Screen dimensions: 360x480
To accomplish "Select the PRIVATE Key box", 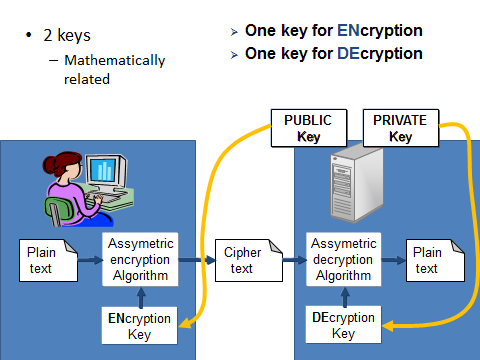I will pyautogui.click(x=400, y=129).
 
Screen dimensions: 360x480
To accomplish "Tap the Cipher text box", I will pyautogui.click(x=242, y=260).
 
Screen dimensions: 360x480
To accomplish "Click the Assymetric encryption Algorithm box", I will pyautogui.click(x=140, y=260).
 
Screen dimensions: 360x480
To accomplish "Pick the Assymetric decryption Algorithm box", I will pyautogui.click(x=343, y=260).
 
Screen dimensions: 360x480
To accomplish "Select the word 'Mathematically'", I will pyautogui.click(x=114, y=60).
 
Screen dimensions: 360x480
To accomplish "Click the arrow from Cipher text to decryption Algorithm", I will pyautogui.click(x=293, y=260).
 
